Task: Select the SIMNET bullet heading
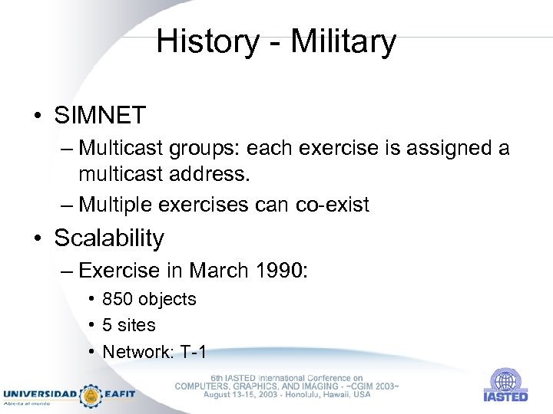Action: (x=100, y=116)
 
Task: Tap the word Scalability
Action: (x=109, y=238)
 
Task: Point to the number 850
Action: (x=117, y=299)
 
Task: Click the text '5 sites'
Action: (x=129, y=325)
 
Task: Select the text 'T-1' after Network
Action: (x=193, y=352)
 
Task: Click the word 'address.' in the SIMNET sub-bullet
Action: (x=207, y=175)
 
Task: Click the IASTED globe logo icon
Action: (x=505, y=380)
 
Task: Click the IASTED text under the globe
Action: (x=505, y=396)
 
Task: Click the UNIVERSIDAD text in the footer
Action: (x=39, y=394)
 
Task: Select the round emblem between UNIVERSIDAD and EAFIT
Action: (x=91, y=395)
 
